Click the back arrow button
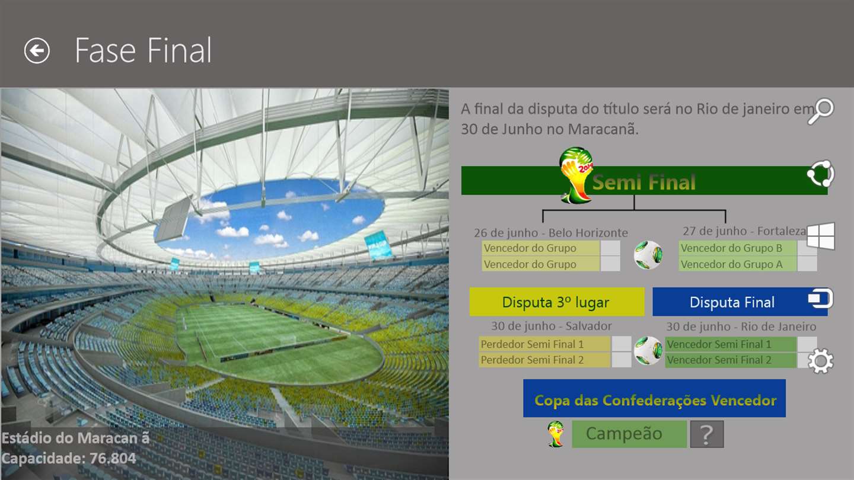37,51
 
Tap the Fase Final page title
143,50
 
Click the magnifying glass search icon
821,111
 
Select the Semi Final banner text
644,182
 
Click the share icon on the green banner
821,174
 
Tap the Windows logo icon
821,236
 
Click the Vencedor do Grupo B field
737,248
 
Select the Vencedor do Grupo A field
737,264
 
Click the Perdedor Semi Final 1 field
544,344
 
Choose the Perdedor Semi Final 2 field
544,360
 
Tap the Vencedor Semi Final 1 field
731,344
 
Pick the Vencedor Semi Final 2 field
731,360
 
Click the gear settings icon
821,361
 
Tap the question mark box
706,434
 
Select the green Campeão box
629,434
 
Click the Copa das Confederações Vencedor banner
654,398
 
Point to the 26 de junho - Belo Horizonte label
551,233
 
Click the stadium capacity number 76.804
113,458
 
